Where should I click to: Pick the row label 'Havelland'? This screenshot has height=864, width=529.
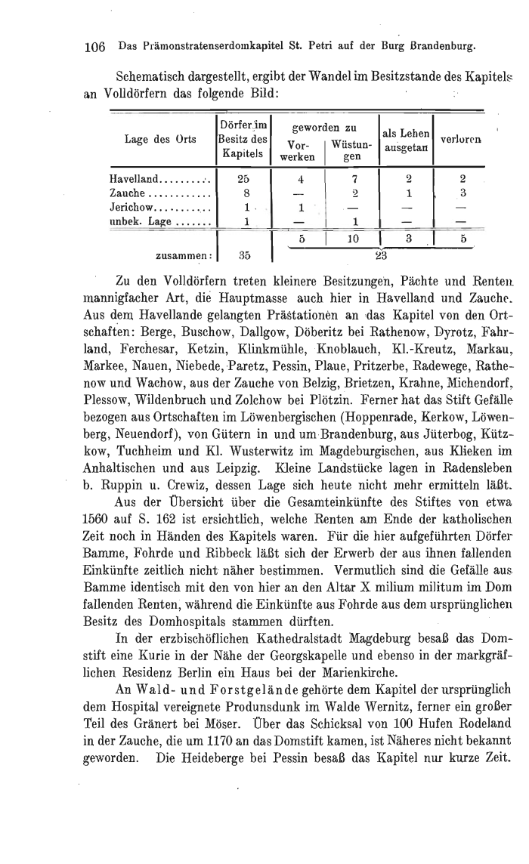pyautogui.click(x=135, y=180)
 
